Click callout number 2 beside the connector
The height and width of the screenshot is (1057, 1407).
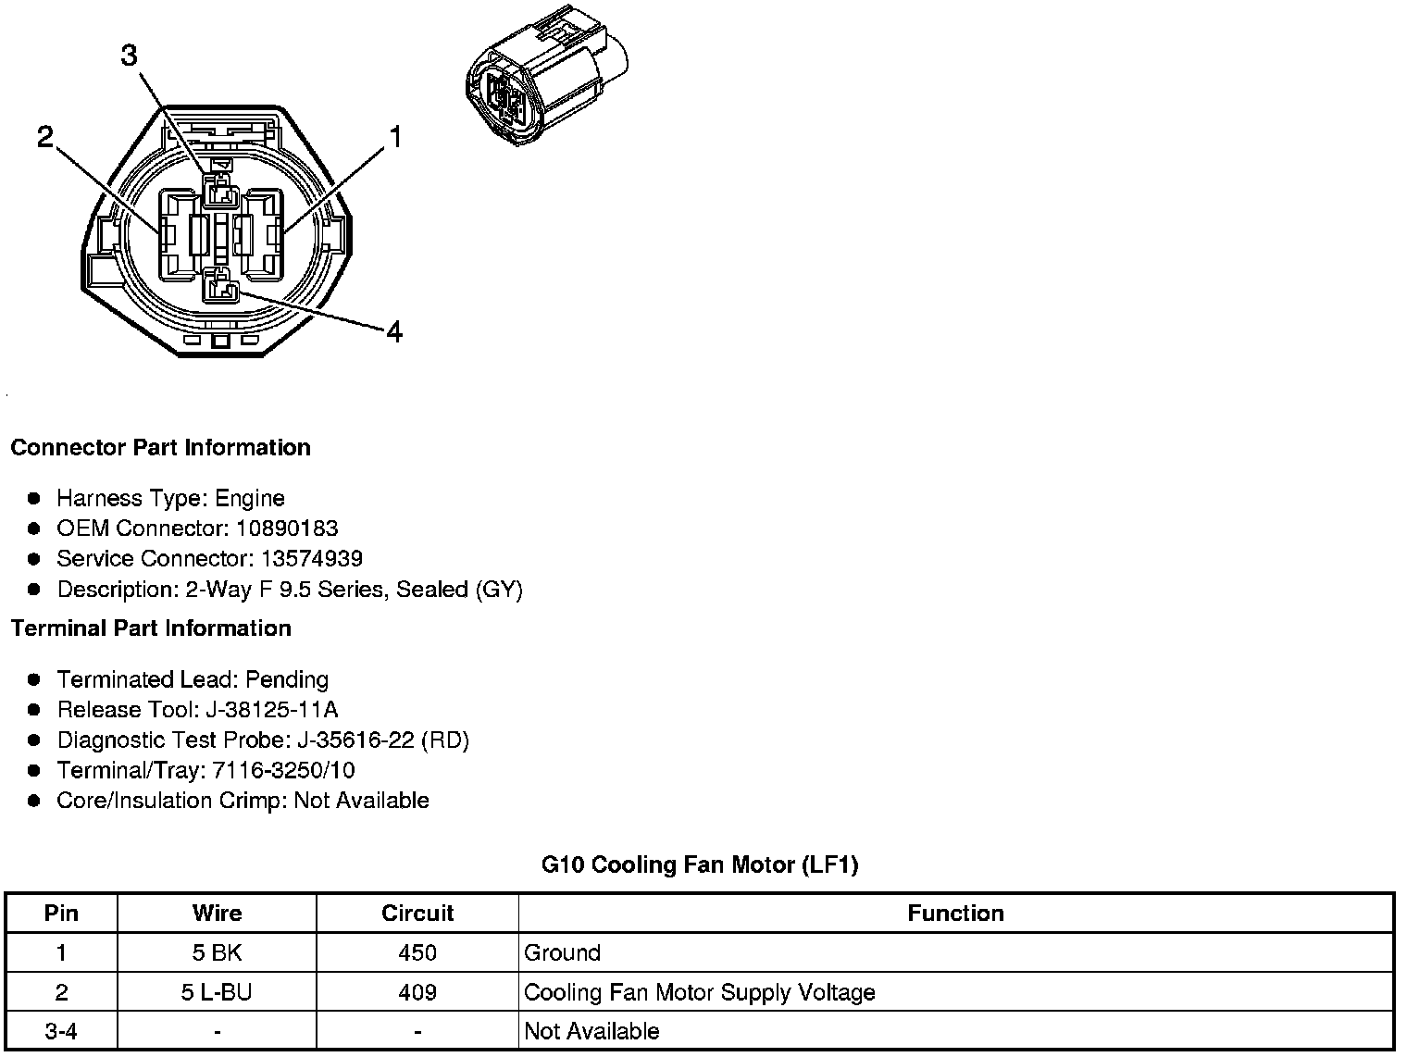click(x=45, y=138)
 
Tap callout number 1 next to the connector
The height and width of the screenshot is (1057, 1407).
click(x=395, y=138)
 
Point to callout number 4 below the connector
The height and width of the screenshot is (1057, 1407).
click(x=394, y=331)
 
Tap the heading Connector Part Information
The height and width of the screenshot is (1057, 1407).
click(x=160, y=448)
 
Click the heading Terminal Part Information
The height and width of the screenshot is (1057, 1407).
click(x=151, y=628)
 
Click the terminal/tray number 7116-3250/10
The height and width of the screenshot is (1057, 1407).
click(x=282, y=771)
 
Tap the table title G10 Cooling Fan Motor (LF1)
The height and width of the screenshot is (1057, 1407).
click(x=700, y=865)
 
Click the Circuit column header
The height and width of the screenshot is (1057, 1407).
click(x=417, y=914)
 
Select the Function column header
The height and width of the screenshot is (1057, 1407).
click(x=955, y=914)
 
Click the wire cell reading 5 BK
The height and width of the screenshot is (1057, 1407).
click(x=217, y=953)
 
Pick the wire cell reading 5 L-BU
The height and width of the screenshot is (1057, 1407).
click(x=217, y=993)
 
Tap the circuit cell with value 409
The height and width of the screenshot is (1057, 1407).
click(x=417, y=993)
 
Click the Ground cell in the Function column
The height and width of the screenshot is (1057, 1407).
click(x=562, y=953)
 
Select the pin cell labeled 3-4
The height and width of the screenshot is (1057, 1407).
click(x=61, y=1032)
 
